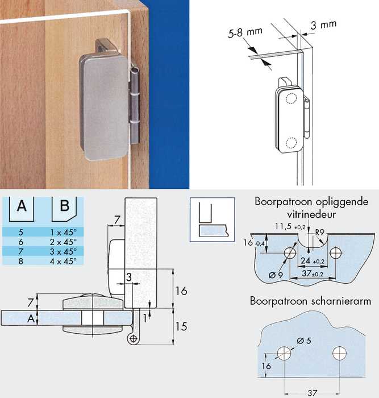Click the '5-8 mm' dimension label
(245, 33)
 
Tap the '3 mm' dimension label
(323, 24)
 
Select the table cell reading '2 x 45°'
(63, 242)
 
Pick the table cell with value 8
(21, 261)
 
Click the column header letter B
(64, 206)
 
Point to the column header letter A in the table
(22, 206)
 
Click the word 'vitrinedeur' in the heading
(311, 214)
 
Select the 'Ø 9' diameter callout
(275, 275)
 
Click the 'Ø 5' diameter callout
(303, 341)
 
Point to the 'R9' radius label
(320, 232)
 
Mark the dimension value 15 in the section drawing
(181, 326)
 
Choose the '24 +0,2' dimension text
(313, 260)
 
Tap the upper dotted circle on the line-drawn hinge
(291, 98)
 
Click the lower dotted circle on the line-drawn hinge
(291, 143)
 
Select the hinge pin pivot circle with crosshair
(133, 338)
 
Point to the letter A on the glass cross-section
(31, 318)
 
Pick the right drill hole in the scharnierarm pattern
(339, 354)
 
